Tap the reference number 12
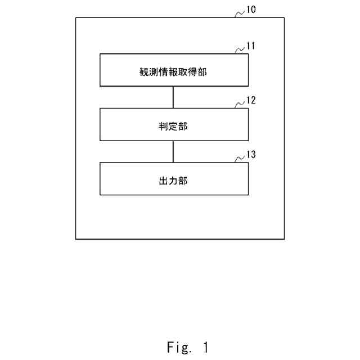pyautogui.click(x=251, y=101)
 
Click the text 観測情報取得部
pyautogui.click(x=174, y=71)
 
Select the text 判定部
pyautogui.click(x=174, y=126)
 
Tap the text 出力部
pyautogui.click(x=174, y=181)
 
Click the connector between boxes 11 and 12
pyautogui.click(x=174, y=97)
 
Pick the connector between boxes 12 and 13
pyautogui.click(x=174, y=151)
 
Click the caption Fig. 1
pyautogui.click(x=187, y=347)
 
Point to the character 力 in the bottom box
pyautogui.click(x=174, y=181)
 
